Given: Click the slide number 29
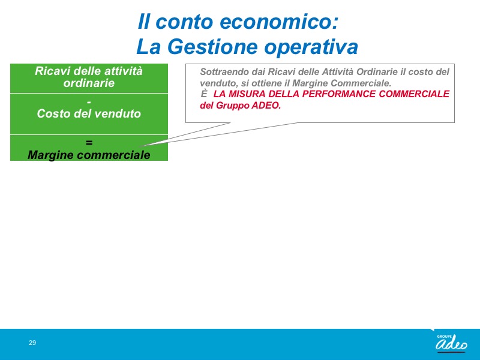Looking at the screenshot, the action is coord(32,343).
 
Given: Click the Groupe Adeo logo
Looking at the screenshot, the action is coord(451,342).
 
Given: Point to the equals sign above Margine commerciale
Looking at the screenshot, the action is coord(89,143).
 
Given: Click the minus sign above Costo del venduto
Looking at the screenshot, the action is coord(89,103).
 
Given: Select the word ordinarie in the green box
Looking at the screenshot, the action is coord(89,83).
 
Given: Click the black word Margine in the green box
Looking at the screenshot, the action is coord(50,155).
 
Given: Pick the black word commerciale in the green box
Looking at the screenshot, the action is coord(113,155).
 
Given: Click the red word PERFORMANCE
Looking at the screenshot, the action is coord(339,94).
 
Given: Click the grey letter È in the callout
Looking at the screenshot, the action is coord(204,94).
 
